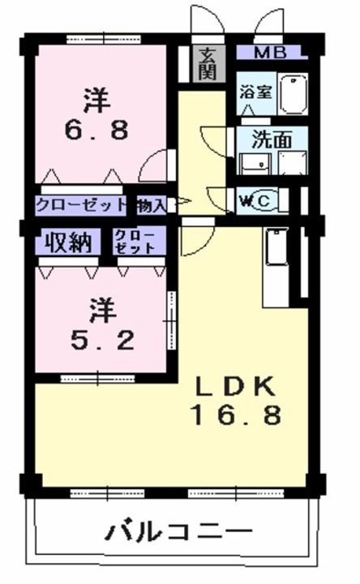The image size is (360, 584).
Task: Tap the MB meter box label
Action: click(270, 53)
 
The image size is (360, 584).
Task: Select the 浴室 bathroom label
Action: click(255, 92)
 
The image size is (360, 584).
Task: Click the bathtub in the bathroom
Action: click(293, 94)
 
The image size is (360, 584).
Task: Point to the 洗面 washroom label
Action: click(272, 140)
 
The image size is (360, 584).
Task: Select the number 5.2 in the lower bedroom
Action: click(102, 341)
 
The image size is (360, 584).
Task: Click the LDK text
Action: click(236, 387)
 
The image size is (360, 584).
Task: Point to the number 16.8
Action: click(236, 415)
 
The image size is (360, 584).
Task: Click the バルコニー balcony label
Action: click(178, 531)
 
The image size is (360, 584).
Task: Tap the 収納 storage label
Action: click(68, 243)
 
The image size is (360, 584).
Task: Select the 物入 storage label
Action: click(151, 205)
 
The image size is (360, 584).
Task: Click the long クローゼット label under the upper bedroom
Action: click(81, 204)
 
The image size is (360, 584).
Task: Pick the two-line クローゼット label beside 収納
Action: click(135, 242)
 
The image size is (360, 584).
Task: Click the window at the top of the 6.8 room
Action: click(104, 39)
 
